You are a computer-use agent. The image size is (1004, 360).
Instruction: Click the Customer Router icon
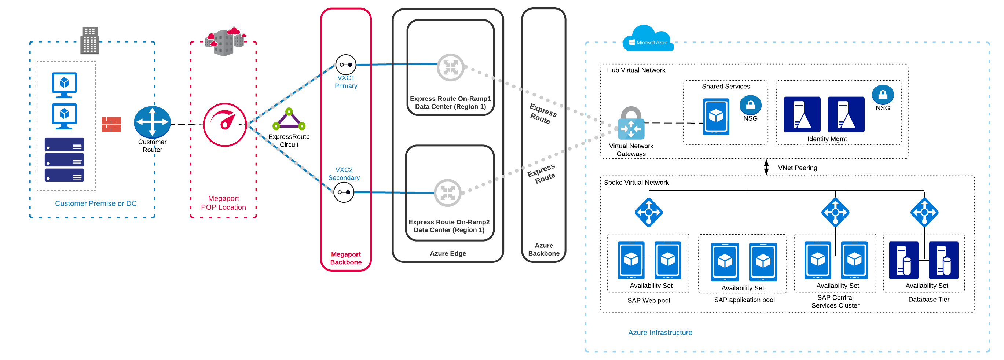click(152, 122)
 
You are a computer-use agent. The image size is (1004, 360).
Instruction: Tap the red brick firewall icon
click(111, 125)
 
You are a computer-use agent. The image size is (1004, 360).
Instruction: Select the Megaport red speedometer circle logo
click(225, 125)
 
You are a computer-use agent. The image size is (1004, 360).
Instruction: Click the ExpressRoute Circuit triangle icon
click(289, 120)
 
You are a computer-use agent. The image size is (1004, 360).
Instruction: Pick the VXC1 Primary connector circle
click(346, 65)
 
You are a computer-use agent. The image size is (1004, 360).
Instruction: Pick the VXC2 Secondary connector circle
click(344, 192)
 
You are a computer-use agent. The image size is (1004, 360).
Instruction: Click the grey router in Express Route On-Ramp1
click(450, 67)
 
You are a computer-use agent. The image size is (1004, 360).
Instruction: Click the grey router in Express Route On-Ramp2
click(447, 192)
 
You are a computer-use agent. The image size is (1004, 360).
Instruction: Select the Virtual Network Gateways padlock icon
click(631, 124)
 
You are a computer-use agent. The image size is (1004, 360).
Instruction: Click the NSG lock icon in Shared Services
click(750, 105)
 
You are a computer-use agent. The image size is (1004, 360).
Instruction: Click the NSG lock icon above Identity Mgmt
click(882, 94)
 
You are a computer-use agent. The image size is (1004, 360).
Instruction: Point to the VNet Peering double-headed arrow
click(766, 167)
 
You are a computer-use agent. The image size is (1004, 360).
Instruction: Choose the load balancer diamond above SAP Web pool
click(649, 212)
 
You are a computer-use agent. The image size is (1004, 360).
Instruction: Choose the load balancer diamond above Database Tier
click(924, 212)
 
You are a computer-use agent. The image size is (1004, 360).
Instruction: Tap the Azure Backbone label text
click(543, 249)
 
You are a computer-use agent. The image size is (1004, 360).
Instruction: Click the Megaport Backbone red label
click(346, 258)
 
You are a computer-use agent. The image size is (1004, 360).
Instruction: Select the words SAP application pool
click(744, 300)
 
